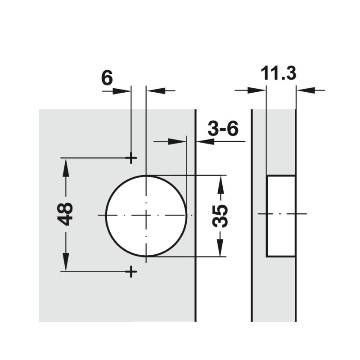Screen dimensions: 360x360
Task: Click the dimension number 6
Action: click(x=107, y=77)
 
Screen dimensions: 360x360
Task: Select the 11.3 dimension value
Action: click(x=279, y=73)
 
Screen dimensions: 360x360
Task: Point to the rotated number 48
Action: click(x=66, y=214)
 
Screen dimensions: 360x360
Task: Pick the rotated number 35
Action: click(x=220, y=216)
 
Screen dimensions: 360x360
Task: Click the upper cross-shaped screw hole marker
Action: click(x=131, y=158)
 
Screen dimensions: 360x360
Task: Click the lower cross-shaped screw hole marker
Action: click(x=131, y=271)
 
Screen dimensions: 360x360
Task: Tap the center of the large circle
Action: click(x=146, y=216)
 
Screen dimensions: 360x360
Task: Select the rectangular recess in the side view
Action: click(x=281, y=216)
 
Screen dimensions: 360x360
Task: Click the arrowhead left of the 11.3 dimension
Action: click(x=258, y=91)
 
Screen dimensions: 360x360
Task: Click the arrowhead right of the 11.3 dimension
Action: click(x=304, y=91)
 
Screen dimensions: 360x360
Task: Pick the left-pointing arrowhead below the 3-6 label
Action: click(x=204, y=141)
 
